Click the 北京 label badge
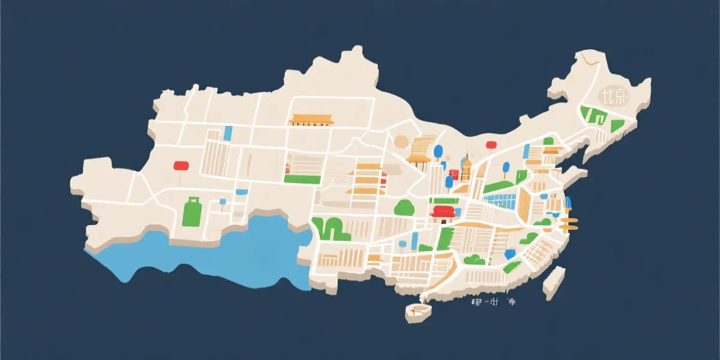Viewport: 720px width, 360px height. click(x=613, y=96)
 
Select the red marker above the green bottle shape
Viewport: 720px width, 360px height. click(x=181, y=165)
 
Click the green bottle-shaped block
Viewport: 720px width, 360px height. click(x=192, y=211)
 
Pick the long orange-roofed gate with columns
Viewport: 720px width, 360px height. click(x=311, y=119)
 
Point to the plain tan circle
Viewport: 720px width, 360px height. click(x=401, y=142)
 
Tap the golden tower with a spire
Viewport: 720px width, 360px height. click(x=466, y=168)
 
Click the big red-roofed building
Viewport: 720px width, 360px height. click(x=443, y=212)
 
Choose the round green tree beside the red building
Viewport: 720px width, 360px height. click(x=404, y=207)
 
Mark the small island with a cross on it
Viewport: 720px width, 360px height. click(x=418, y=311)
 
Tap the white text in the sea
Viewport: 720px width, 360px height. click(x=493, y=302)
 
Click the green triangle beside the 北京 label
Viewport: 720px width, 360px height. click(x=616, y=126)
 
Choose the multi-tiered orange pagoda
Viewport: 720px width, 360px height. click(x=367, y=179)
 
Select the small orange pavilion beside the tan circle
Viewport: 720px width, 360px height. click(x=419, y=160)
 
